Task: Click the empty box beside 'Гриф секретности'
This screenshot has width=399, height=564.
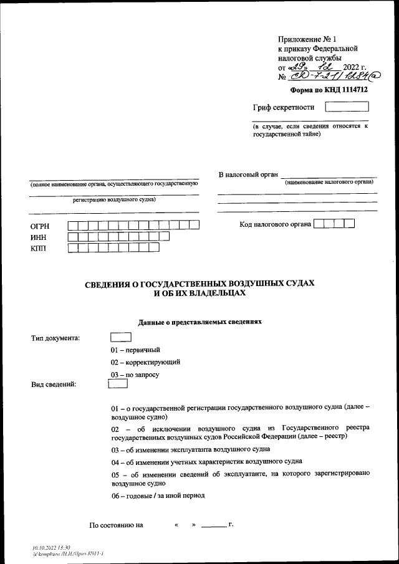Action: click(347, 107)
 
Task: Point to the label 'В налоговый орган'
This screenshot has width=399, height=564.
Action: click(247, 174)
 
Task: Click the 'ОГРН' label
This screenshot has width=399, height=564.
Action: click(40, 226)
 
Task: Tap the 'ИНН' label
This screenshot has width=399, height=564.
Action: click(38, 237)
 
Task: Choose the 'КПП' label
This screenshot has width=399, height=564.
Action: click(38, 249)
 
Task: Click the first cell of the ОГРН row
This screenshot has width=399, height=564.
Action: click(73, 226)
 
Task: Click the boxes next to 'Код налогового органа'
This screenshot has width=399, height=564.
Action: click(334, 224)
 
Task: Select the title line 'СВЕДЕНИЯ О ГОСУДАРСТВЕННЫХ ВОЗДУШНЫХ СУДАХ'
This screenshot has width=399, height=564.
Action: click(199, 284)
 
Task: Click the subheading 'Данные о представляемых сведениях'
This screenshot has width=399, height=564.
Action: click(199, 322)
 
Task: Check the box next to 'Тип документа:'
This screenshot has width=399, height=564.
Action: click(120, 337)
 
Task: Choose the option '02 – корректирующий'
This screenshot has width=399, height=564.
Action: click(146, 362)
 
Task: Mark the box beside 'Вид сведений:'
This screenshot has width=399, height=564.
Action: click(118, 384)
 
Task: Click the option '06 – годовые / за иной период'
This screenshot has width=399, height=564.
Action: click(158, 496)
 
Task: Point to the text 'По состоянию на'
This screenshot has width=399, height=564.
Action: click(117, 525)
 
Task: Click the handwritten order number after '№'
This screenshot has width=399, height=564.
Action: click(330, 77)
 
